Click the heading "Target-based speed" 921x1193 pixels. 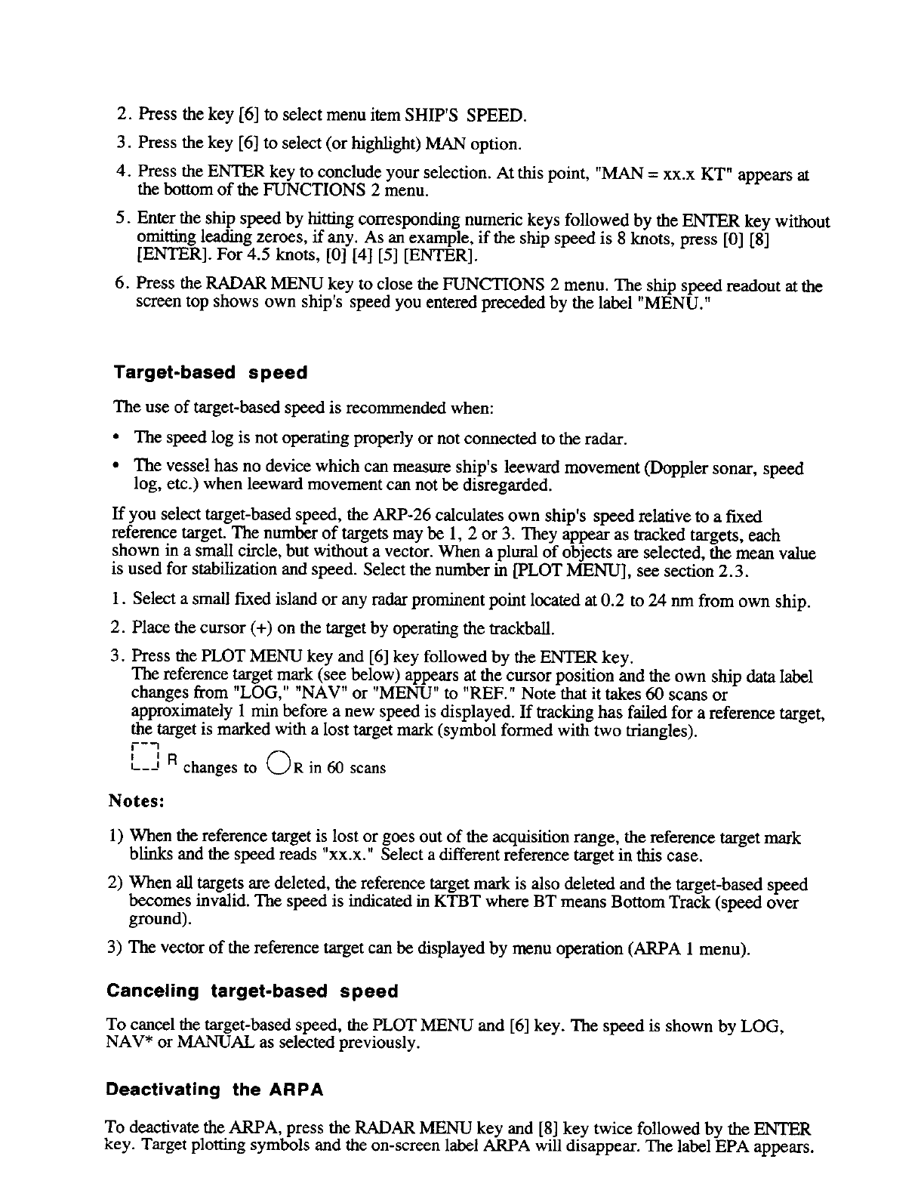tap(211, 373)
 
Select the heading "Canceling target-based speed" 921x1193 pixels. tap(252, 991)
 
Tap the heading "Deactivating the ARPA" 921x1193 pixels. tap(215, 1090)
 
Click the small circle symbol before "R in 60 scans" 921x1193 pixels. tap(277, 764)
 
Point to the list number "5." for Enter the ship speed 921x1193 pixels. tap(125, 220)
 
